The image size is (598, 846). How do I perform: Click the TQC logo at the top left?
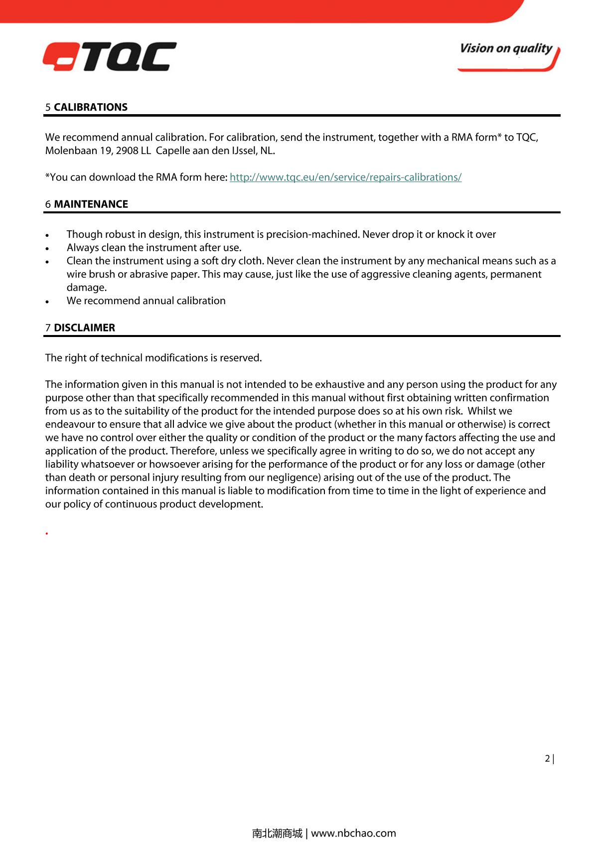point(109,56)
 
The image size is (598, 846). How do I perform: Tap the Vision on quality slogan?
point(506,49)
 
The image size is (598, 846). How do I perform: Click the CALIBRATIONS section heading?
point(90,107)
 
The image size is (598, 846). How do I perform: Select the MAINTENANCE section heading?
point(91,204)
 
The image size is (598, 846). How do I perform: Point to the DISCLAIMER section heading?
point(84,328)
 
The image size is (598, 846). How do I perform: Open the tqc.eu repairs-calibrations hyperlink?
point(345,177)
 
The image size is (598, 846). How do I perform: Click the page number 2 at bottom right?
point(548,759)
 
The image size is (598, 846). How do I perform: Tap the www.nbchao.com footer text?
point(353,833)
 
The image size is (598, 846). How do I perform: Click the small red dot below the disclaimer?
point(46,533)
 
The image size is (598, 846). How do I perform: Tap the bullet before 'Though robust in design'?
point(47,235)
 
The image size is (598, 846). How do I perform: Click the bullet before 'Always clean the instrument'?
point(47,248)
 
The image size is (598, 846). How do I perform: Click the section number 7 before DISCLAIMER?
point(48,328)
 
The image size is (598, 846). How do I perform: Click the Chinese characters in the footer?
point(277,833)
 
